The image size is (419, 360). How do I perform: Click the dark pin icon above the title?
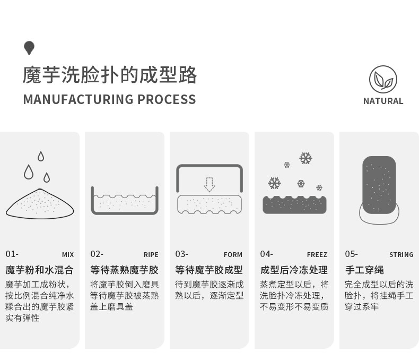click(x=29, y=48)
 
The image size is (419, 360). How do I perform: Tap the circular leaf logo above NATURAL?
click(x=383, y=80)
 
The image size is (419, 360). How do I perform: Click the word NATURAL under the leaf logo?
click(x=383, y=101)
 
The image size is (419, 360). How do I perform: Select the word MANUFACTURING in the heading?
click(x=78, y=99)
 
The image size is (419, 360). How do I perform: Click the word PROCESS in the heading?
click(x=167, y=99)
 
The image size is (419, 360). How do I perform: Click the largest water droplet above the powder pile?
click(x=29, y=172)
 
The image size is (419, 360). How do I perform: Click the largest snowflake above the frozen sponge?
click(x=305, y=158)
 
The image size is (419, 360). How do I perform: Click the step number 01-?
click(x=12, y=254)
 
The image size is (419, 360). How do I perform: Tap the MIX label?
click(x=68, y=255)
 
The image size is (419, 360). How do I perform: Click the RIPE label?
click(x=151, y=255)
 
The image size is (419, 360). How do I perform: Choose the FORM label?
click(x=233, y=255)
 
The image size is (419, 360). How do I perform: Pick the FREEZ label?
click(x=317, y=255)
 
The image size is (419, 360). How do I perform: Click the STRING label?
click(x=401, y=255)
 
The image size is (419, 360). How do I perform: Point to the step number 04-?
click(x=266, y=254)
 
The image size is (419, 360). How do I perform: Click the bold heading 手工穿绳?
click(x=364, y=270)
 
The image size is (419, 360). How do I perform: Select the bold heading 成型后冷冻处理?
click(x=294, y=270)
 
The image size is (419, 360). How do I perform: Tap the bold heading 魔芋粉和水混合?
click(x=39, y=270)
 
